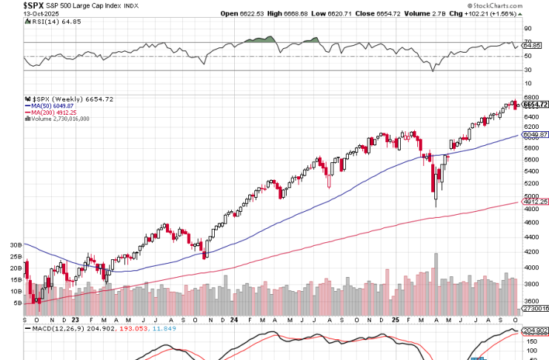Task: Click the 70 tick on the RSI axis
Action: coord(528,42)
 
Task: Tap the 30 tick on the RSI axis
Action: coord(528,71)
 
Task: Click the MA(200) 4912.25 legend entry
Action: coord(56,112)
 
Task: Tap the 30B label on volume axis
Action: coord(14,244)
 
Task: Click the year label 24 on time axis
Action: coord(233,320)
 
